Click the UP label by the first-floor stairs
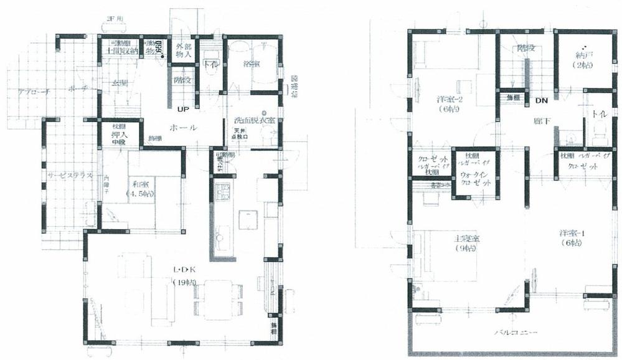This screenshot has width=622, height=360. (183, 110)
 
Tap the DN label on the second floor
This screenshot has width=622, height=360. (542, 100)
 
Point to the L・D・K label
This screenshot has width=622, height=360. (186, 270)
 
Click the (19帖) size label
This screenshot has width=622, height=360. (186, 283)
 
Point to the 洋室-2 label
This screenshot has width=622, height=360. (446, 98)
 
